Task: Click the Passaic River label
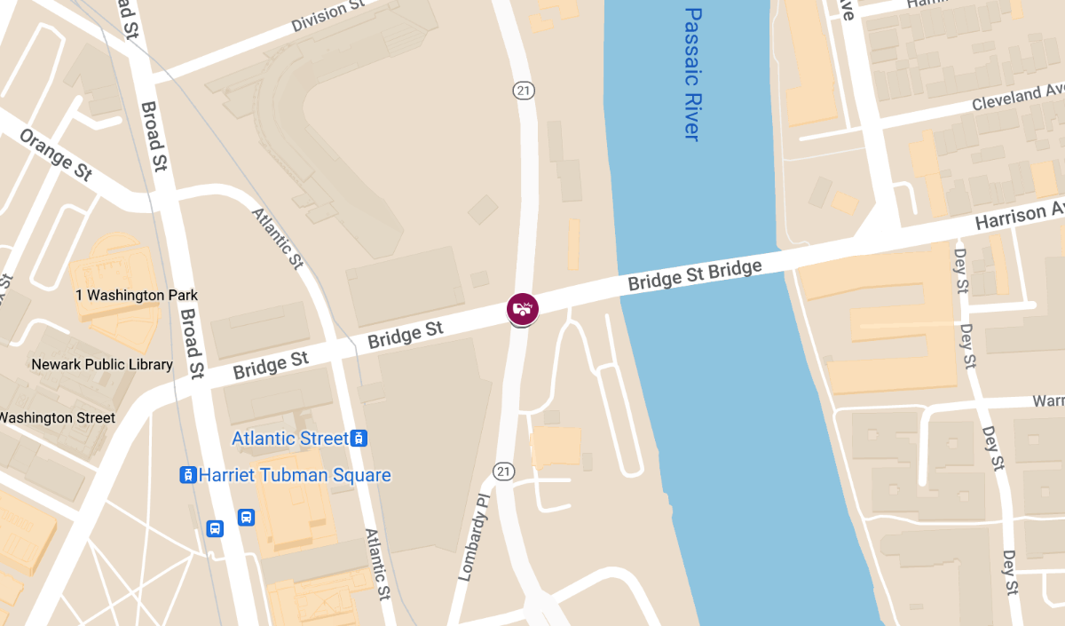pos(692,74)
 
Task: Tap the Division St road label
pos(328,16)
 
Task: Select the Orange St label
pos(56,155)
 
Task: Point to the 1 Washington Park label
pos(136,295)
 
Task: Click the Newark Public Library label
pos(102,364)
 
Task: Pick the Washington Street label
pos(57,417)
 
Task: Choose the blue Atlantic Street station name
pos(290,439)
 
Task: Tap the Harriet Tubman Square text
pos(295,475)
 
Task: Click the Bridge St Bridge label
pos(695,275)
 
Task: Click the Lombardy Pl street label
pos(474,539)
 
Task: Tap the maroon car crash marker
pos(523,308)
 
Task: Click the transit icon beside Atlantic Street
pos(359,439)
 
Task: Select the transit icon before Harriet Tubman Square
pos(188,475)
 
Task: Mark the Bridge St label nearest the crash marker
pos(406,336)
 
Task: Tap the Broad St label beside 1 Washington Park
pos(193,342)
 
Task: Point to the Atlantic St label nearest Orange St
pos(278,238)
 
